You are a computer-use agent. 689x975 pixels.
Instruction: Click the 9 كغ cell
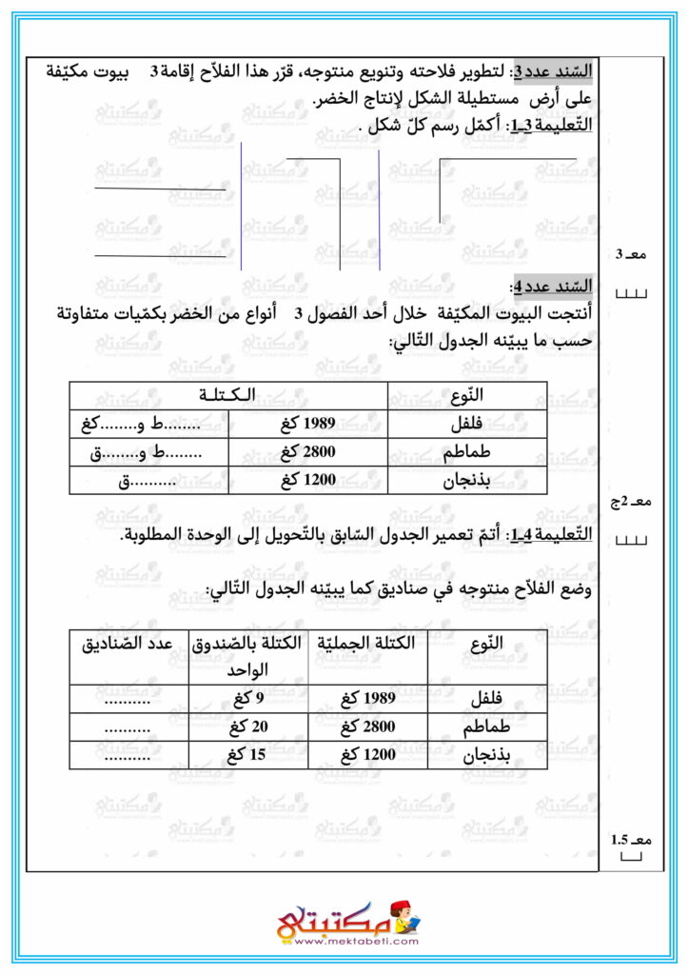click(246, 698)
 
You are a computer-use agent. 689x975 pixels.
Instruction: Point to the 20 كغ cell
click(246, 727)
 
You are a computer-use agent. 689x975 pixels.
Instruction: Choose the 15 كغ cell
click(246, 757)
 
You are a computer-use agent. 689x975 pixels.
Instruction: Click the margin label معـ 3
click(631, 254)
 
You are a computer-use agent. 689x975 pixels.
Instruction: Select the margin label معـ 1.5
click(631, 839)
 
